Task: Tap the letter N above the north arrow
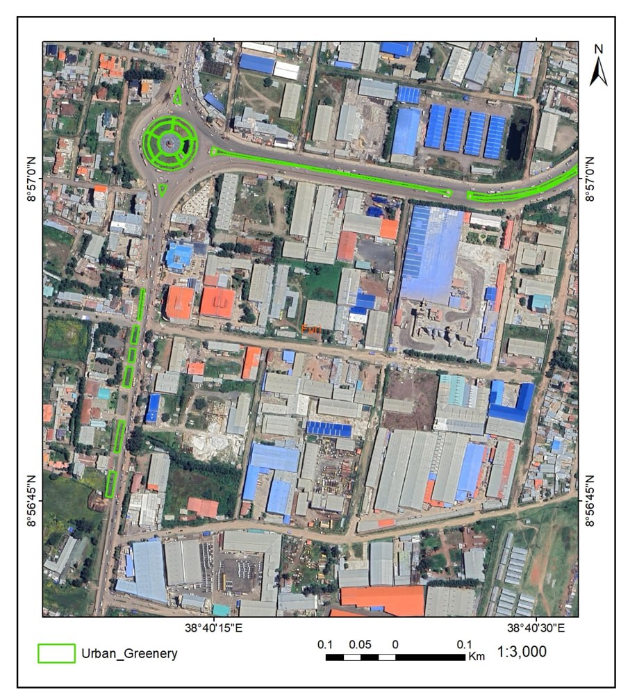(599, 49)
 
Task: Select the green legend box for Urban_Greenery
(56, 653)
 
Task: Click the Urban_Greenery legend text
(129, 653)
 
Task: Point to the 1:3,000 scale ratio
(522, 652)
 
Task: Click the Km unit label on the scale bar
(477, 656)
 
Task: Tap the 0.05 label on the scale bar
(360, 644)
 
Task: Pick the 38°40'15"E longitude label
(214, 628)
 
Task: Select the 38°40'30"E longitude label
(536, 628)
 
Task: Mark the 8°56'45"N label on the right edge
(590, 500)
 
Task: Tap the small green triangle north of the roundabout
(178, 96)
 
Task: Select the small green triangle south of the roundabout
(163, 188)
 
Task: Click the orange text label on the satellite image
(311, 329)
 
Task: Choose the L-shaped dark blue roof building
(511, 403)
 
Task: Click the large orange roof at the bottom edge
(382, 600)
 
